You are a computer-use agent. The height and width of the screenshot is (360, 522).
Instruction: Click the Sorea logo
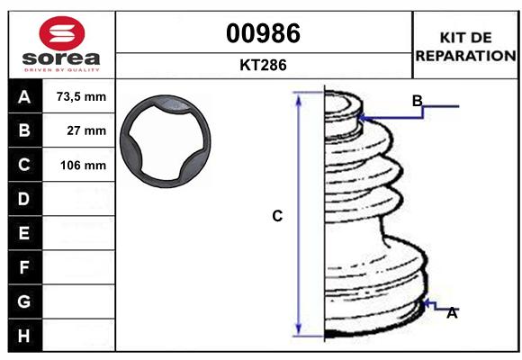[x=61, y=45]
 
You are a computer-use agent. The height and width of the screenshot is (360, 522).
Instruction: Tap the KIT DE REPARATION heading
[x=465, y=47]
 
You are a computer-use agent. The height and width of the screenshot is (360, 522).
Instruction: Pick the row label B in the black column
[x=24, y=130]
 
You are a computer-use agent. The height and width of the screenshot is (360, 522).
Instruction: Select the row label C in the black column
[x=24, y=165]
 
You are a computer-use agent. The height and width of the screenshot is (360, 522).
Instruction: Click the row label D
[x=24, y=199]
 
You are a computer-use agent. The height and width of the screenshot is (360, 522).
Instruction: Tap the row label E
[x=24, y=233]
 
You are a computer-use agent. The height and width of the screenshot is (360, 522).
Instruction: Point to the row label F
[x=24, y=267]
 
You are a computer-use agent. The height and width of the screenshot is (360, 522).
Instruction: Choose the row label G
[x=24, y=301]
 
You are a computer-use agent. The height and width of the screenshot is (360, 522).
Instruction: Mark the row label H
[x=24, y=336]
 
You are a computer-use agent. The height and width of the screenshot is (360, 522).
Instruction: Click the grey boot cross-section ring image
[x=166, y=143]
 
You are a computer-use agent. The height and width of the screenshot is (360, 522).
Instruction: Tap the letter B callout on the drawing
[x=418, y=100]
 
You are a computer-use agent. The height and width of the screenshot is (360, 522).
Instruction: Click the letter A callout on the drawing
[x=452, y=313]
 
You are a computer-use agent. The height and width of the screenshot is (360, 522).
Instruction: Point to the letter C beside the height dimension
[x=278, y=216]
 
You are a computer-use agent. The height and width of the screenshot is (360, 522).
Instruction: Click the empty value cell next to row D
[x=81, y=199]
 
